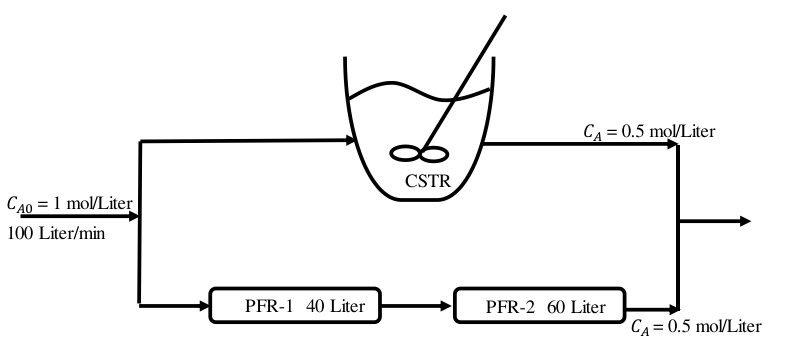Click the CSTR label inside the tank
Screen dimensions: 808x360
click(428, 181)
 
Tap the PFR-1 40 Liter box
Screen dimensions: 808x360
click(295, 305)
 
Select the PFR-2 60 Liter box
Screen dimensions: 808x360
click(540, 305)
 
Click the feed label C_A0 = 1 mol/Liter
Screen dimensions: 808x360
click(70, 204)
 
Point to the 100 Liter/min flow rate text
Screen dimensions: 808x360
click(56, 233)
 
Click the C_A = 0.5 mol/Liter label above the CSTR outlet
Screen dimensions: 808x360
click(649, 132)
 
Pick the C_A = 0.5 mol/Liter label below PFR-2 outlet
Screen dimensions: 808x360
click(696, 327)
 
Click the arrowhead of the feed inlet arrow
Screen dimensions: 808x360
click(133, 216)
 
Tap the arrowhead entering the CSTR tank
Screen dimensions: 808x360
click(350, 140)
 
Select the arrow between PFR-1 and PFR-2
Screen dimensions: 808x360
click(417, 306)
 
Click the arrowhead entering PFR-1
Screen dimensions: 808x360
click(203, 306)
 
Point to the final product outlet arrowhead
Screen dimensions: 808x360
click(745, 221)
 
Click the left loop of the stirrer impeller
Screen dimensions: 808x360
click(406, 153)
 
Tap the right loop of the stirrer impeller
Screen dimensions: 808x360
click(434, 154)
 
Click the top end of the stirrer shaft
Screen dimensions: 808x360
click(505, 16)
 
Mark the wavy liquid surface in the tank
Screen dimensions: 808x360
click(418, 92)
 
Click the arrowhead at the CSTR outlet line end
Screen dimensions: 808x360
click(671, 144)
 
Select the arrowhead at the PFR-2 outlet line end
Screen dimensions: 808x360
click(671, 310)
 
